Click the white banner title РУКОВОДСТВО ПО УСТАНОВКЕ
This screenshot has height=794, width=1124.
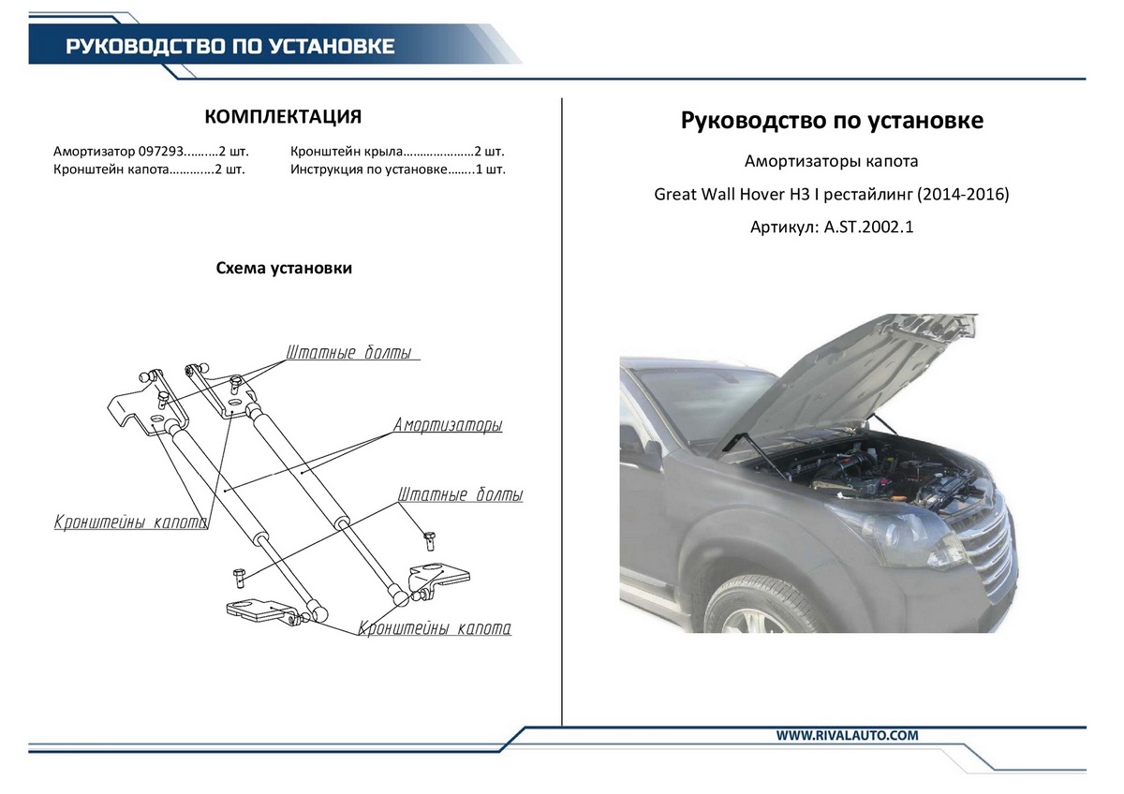click(x=229, y=46)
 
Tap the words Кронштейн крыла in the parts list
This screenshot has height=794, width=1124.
click(x=347, y=151)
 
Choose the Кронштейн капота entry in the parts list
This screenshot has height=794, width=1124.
click(x=111, y=170)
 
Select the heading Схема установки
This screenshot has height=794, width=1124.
click(x=284, y=268)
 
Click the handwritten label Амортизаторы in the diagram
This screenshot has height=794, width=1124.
click(x=448, y=425)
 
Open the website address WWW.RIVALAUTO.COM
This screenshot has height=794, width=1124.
click(x=847, y=735)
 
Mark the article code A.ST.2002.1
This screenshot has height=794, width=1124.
click(x=867, y=228)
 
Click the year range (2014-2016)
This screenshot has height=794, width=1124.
click(x=962, y=195)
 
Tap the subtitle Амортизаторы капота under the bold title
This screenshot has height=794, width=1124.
click(x=831, y=161)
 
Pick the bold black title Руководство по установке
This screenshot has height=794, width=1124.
click(x=832, y=122)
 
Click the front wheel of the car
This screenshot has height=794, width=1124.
click(x=757, y=616)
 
